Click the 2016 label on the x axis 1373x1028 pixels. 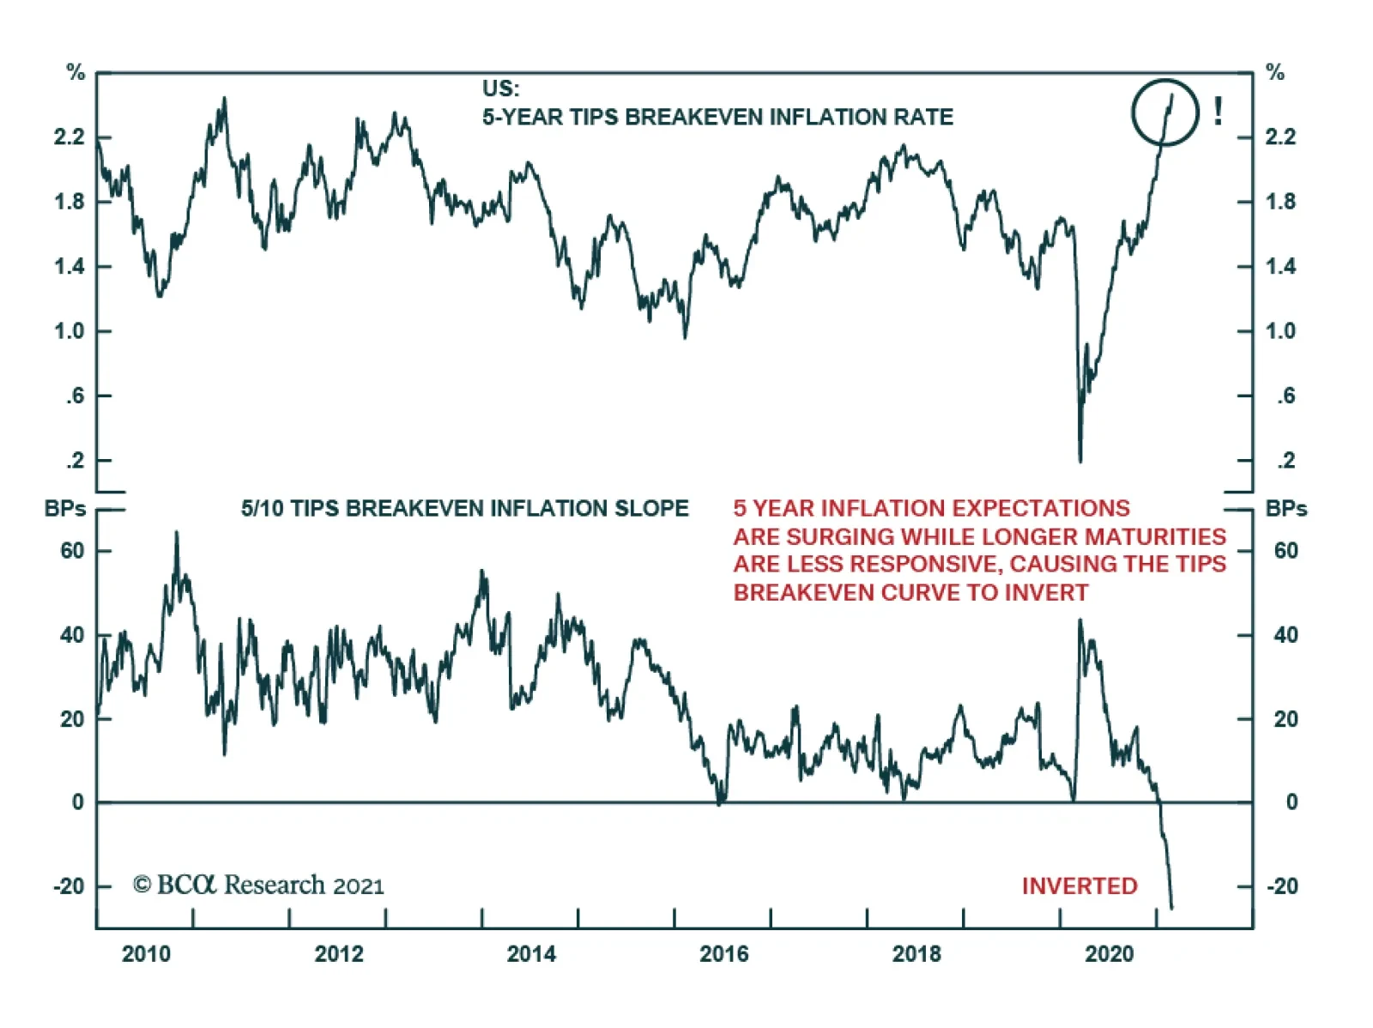[723, 954]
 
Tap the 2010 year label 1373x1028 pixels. [146, 954]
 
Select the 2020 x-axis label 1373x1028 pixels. [1109, 954]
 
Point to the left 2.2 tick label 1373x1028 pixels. [70, 137]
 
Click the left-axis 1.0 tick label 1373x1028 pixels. [70, 331]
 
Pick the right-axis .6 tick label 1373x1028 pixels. [1285, 396]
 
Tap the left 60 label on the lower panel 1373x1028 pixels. [72, 551]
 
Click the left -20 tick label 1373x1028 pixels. [69, 886]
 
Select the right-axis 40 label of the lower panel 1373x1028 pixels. [1285, 635]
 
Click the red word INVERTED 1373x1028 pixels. [1079, 886]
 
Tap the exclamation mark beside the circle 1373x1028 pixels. [1218, 112]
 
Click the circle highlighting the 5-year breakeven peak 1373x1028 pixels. [1164, 112]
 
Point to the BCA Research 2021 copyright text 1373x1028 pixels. [258, 885]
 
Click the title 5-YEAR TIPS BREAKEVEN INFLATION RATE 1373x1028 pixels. [717, 117]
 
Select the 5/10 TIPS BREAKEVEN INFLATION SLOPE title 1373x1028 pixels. [464, 509]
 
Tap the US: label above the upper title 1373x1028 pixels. [500, 88]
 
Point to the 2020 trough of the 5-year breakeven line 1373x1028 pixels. [1080, 461]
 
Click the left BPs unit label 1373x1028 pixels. [65, 509]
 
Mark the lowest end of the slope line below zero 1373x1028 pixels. [1171, 907]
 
